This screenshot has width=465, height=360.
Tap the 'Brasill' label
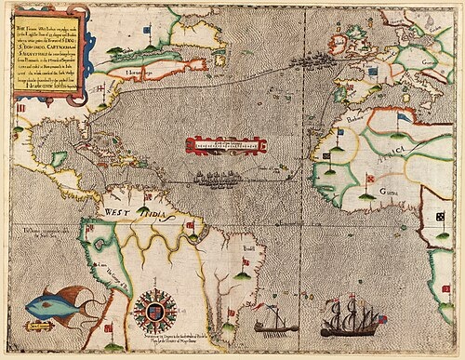221,262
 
